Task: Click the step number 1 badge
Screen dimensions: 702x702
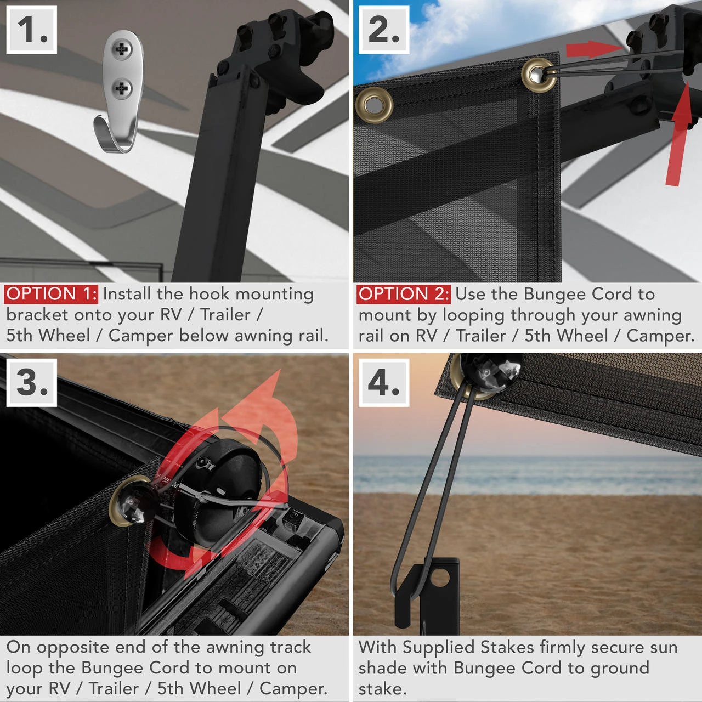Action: pyautogui.click(x=32, y=30)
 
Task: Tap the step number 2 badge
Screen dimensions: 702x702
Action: pyautogui.click(x=384, y=30)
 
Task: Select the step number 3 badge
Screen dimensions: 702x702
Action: pyautogui.click(x=32, y=382)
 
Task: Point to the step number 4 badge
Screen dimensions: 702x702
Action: pyautogui.click(x=384, y=382)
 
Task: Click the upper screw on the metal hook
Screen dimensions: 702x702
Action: pyautogui.click(x=122, y=49)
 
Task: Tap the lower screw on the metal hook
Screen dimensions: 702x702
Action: pyautogui.click(x=122, y=88)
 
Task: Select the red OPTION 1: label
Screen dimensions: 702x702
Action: pyautogui.click(x=51, y=294)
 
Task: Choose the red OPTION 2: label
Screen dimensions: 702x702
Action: pyautogui.click(x=404, y=294)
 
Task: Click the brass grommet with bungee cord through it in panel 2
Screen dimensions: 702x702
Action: pyautogui.click(x=539, y=75)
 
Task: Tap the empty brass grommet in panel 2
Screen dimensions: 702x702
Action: pyautogui.click(x=374, y=105)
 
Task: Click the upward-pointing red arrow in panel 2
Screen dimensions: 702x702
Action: pyautogui.click(x=678, y=135)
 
